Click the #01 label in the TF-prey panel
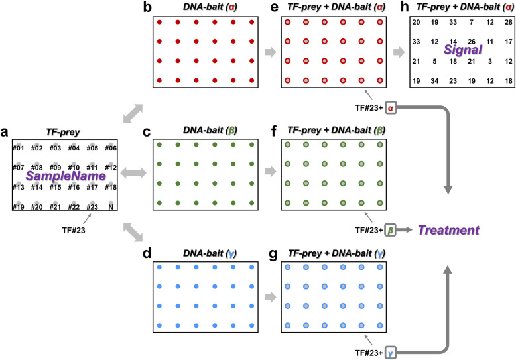click(19, 149)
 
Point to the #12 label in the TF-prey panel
click(111, 168)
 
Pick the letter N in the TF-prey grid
click(111, 207)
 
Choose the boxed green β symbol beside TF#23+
click(391, 231)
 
